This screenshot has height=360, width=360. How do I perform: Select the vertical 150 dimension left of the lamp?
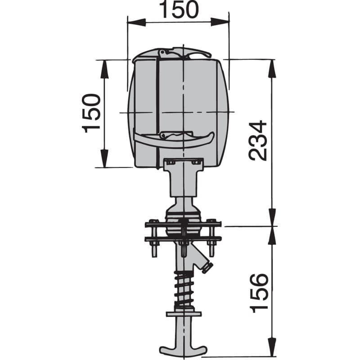click(91, 113)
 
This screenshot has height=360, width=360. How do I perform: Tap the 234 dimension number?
click(258, 140)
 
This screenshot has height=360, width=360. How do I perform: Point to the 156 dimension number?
click(259, 292)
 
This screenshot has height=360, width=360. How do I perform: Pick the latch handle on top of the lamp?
click(184, 53)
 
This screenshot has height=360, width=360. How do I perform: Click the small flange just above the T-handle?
click(184, 314)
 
